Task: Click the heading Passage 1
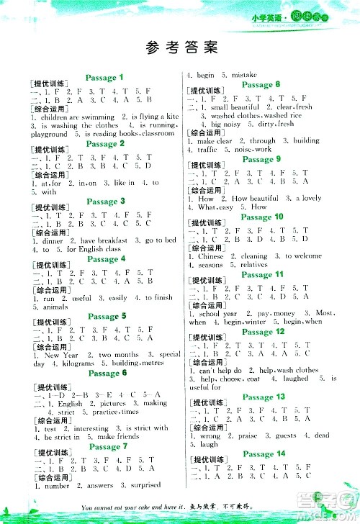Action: (x=105, y=77)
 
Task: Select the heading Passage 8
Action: (x=262, y=84)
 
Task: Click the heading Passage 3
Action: (x=105, y=201)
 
